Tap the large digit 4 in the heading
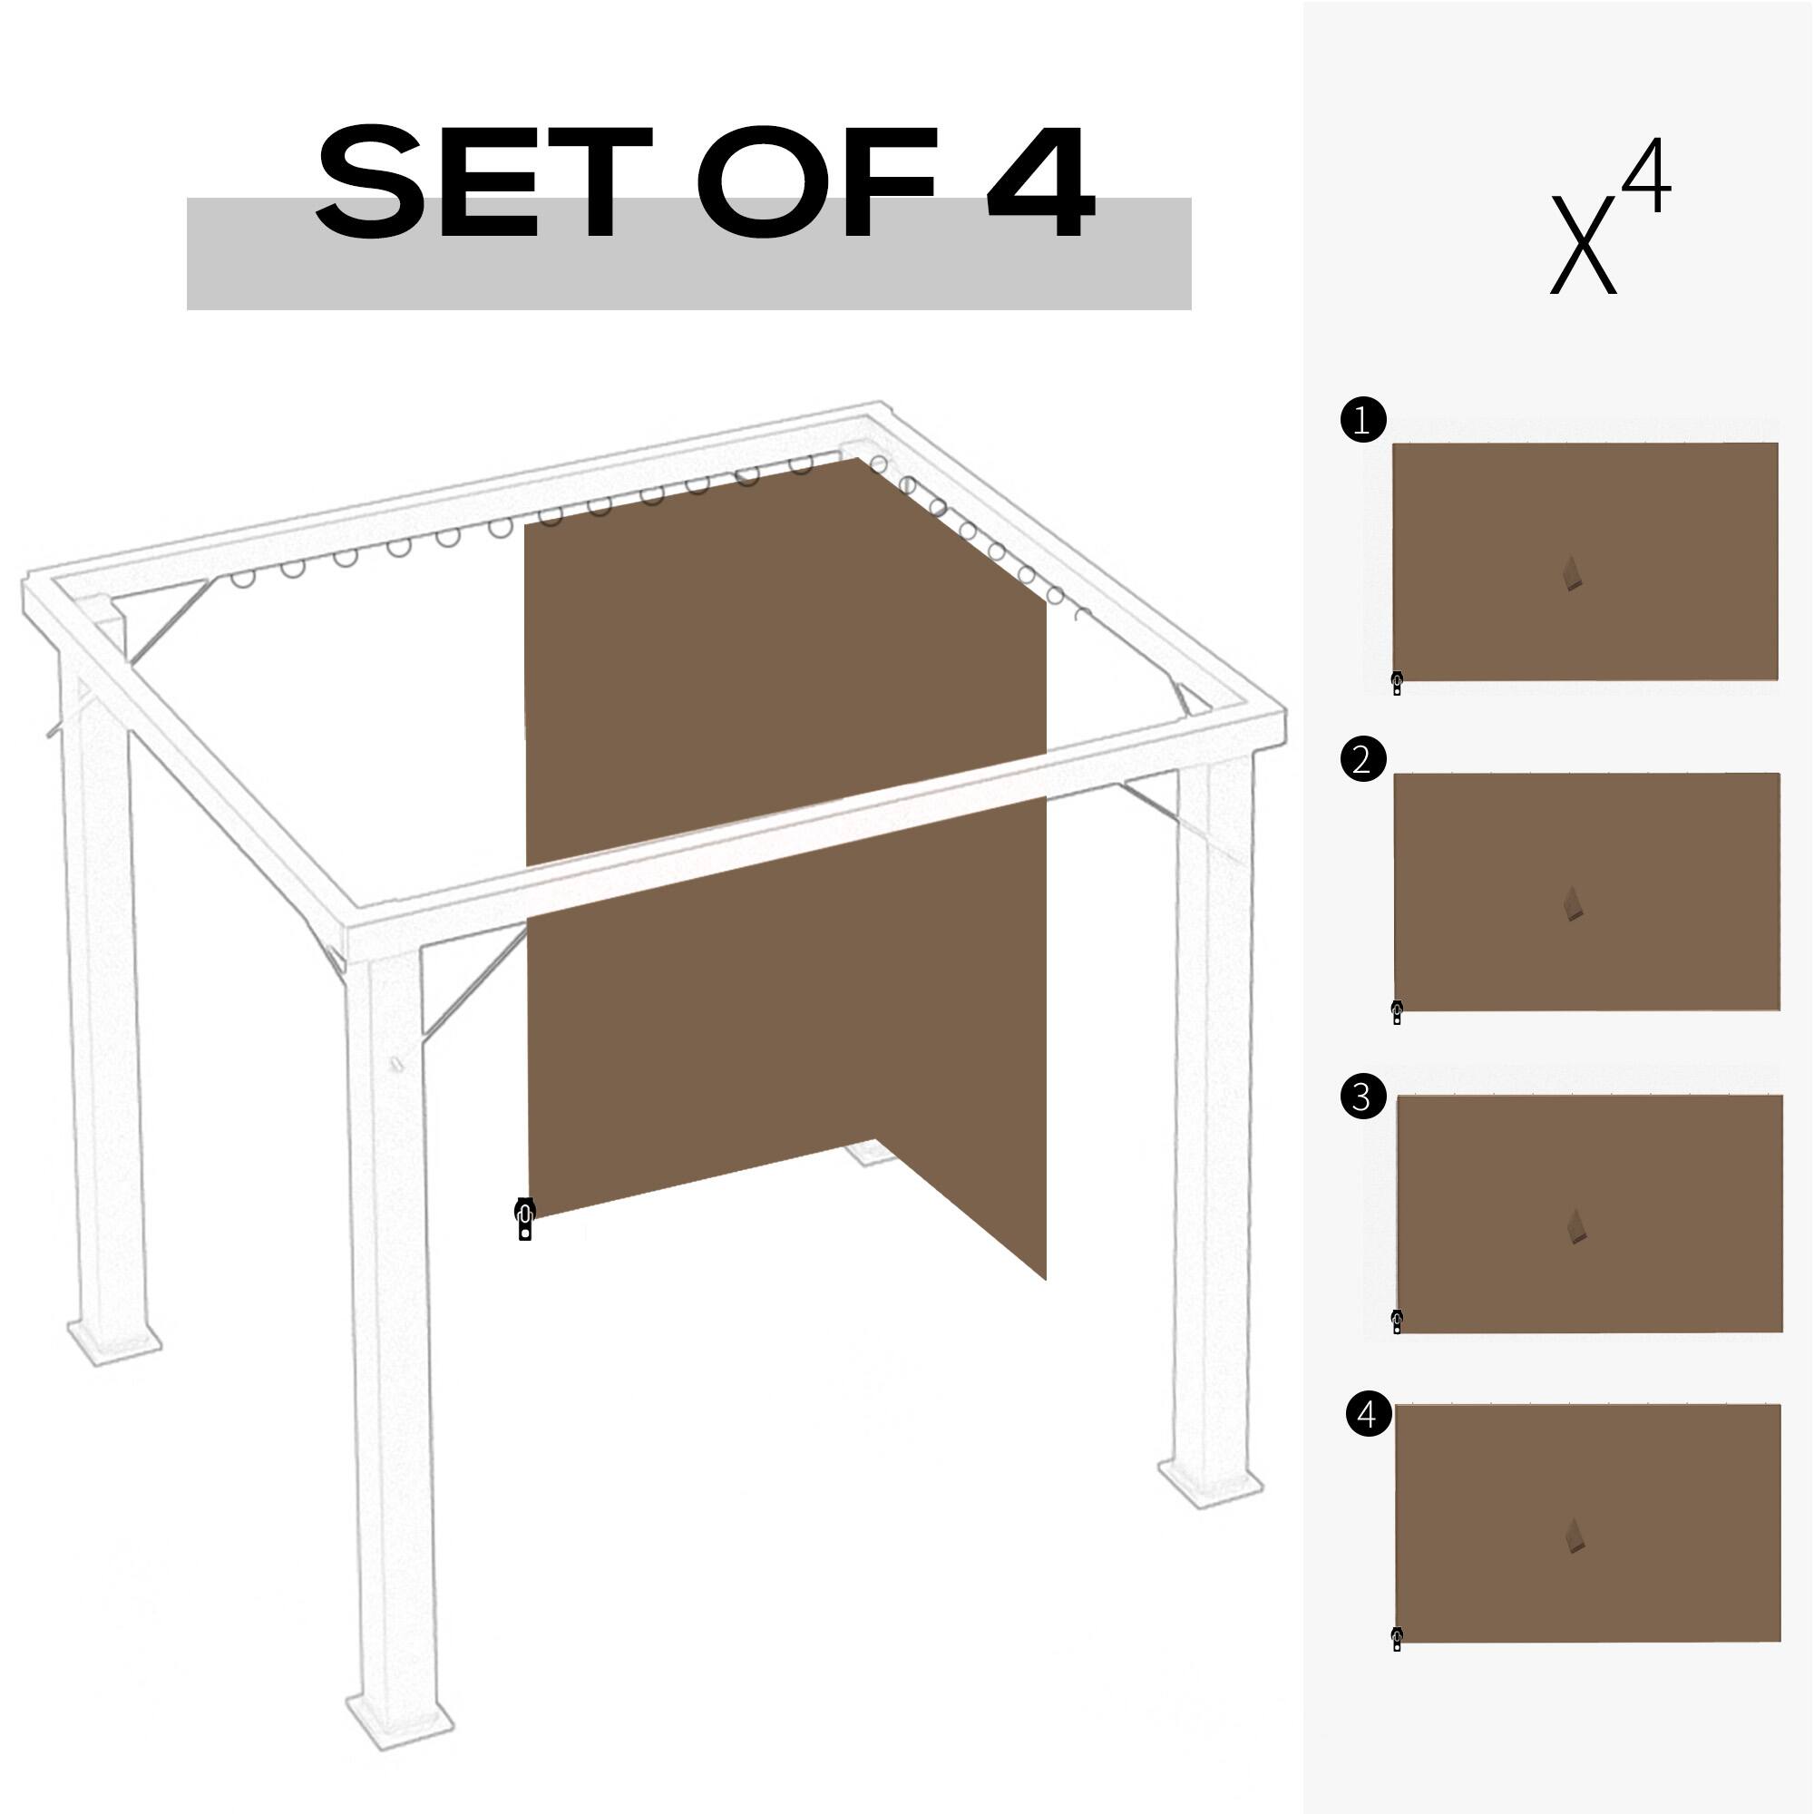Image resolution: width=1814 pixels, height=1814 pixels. [x=1040, y=182]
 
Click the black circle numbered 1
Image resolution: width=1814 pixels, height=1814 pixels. [x=1363, y=420]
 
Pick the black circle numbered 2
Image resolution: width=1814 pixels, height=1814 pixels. [x=1363, y=758]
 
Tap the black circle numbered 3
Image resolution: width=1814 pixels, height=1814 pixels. [x=1363, y=1097]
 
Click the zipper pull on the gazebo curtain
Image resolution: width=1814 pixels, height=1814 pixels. [x=525, y=1220]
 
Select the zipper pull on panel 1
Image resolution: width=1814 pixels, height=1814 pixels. [x=1397, y=684]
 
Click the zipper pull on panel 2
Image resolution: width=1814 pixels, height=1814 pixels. [x=1397, y=1013]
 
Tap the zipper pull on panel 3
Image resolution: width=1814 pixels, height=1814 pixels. [x=1397, y=1322]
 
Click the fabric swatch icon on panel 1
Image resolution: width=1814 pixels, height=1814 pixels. [x=1574, y=575]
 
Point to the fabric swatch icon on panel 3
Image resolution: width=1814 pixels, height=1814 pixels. [x=1576, y=1227]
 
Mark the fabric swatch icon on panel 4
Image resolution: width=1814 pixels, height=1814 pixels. [x=1576, y=1536]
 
